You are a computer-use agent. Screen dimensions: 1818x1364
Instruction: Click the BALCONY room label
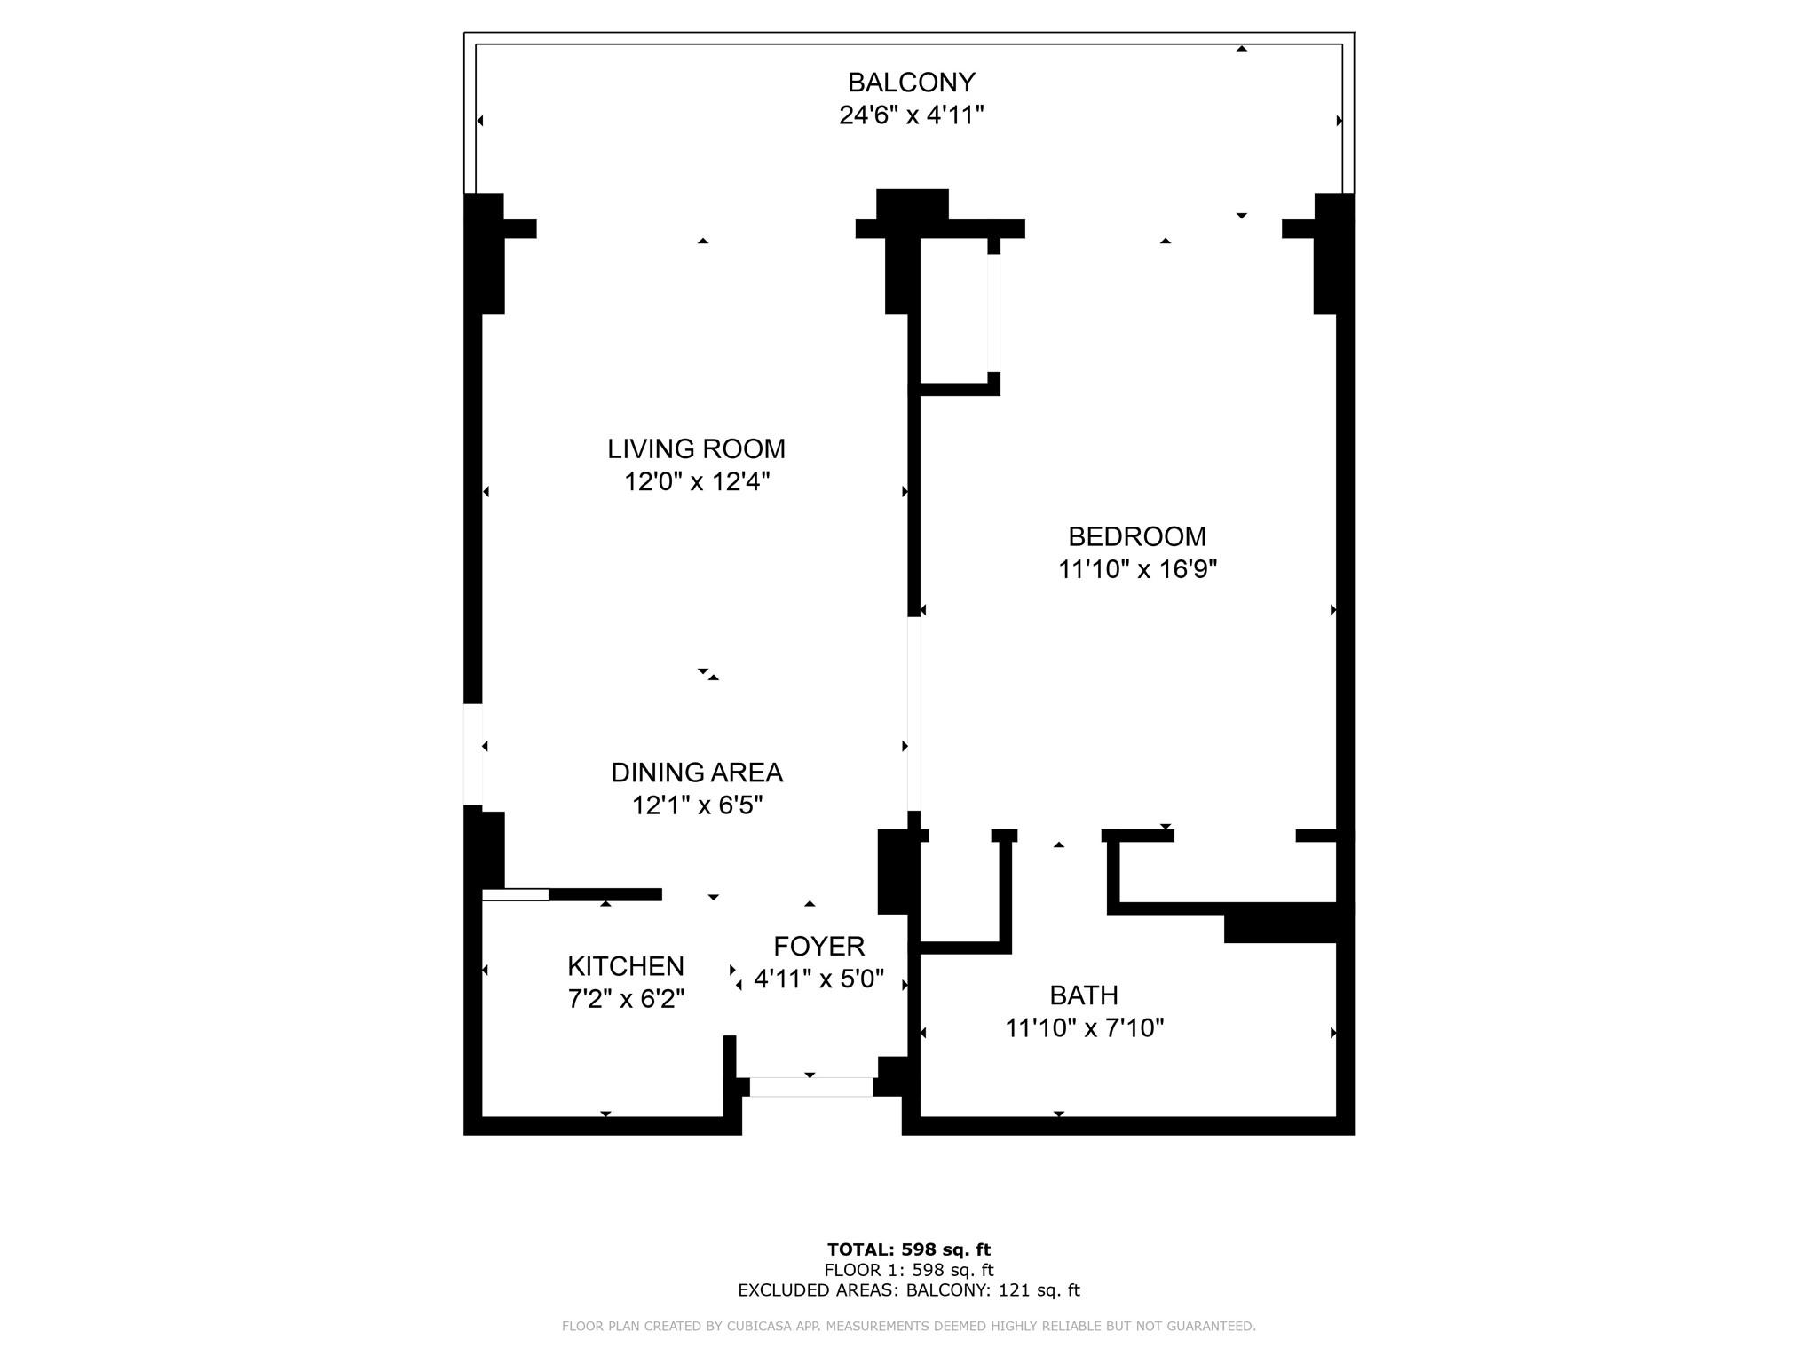point(911,82)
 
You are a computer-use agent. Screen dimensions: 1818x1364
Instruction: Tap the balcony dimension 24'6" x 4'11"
point(911,115)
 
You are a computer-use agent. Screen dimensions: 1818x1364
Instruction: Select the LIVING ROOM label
point(696,448)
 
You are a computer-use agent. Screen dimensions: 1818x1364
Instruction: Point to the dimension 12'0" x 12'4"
point(696,481)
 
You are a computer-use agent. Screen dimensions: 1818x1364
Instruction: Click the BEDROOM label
point(1136,536)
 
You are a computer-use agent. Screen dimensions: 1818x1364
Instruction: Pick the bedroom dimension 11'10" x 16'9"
point(1136,569)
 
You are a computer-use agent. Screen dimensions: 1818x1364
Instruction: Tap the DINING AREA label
point(697,773)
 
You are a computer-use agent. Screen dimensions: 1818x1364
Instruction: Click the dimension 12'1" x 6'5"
point(697,805)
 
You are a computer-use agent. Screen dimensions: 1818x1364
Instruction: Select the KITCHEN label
point(626,966)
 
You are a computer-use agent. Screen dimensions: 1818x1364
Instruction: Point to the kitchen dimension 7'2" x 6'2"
point(626,999)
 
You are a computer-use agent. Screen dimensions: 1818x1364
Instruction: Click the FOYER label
point(818,946)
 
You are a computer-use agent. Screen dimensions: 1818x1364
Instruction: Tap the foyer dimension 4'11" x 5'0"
point(818,979)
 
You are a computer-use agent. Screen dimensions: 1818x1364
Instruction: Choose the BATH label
point(1083,995)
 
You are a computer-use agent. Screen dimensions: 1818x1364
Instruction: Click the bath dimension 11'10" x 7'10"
point(1084,1028)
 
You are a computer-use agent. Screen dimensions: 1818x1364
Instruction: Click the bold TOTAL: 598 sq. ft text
point(909,1250)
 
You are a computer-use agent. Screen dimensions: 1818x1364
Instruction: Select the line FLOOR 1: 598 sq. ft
point(909,1271)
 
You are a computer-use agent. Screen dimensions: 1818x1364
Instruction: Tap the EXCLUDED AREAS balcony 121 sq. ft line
point(909,1291)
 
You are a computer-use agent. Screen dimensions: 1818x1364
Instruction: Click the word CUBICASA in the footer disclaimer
point(759,1327)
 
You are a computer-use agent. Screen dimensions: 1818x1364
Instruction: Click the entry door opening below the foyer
point(811,1087)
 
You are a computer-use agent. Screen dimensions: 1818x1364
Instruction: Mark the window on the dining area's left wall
point(473,755)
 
